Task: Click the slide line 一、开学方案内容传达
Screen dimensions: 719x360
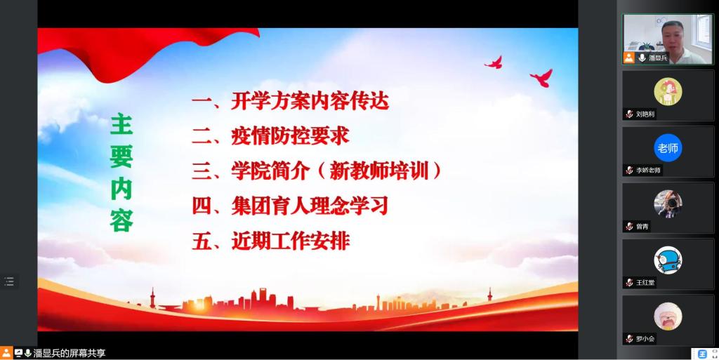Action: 290,101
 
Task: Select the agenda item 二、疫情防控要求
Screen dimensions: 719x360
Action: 270,136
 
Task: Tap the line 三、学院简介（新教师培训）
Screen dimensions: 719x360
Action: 317,171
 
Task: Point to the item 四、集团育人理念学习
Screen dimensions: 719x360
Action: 290,206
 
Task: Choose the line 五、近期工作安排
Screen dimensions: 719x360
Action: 270,241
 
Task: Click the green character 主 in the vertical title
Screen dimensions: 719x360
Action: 121,125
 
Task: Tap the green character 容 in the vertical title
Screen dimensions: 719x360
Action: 121,220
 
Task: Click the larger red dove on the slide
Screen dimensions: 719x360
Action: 542,78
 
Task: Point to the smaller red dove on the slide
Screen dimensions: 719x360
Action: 494,62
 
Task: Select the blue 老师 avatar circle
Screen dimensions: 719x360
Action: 668,148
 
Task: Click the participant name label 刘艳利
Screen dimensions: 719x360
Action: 645,114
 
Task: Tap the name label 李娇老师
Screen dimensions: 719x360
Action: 648,171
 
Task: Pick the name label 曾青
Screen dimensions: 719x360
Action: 642,227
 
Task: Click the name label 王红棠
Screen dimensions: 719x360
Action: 645,283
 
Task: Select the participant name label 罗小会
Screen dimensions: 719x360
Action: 645,339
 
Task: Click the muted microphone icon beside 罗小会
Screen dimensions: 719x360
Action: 629,339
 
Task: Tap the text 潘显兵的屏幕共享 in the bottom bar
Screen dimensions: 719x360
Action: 70,353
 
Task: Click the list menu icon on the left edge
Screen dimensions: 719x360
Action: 9,281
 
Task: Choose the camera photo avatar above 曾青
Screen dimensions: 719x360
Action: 668,204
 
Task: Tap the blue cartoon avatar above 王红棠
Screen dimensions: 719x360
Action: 668,260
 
